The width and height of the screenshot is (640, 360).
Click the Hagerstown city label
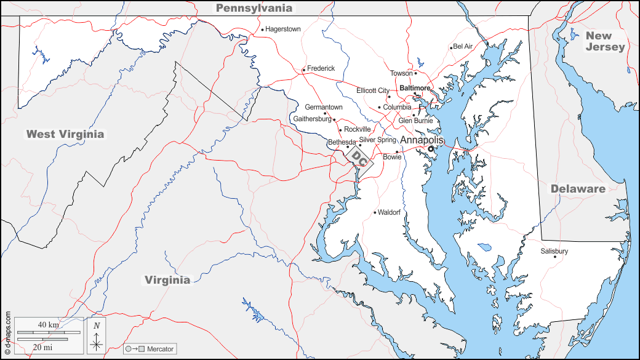click(283, 29)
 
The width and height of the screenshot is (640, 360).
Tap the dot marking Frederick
click(303, 70)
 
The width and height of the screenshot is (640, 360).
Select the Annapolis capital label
click(422, 140)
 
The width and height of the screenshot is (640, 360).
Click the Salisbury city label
click(554, 251)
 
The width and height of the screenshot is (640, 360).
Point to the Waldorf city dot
click(375, 213)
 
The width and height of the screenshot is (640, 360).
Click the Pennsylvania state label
click(254, 8)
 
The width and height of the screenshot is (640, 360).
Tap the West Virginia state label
click(65, 134)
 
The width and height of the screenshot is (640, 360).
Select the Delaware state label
click(577, 189)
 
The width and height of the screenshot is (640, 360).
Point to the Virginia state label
click(167, 280)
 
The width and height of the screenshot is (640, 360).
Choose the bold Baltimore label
click(415, 88)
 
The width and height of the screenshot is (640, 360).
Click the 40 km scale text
click(48, 324)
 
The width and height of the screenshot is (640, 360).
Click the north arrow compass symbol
click(97, 337)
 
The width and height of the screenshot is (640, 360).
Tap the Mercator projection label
click(160, 349)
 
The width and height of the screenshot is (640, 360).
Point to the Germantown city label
click(324, 107)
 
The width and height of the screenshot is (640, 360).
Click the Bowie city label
click(392, 157)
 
